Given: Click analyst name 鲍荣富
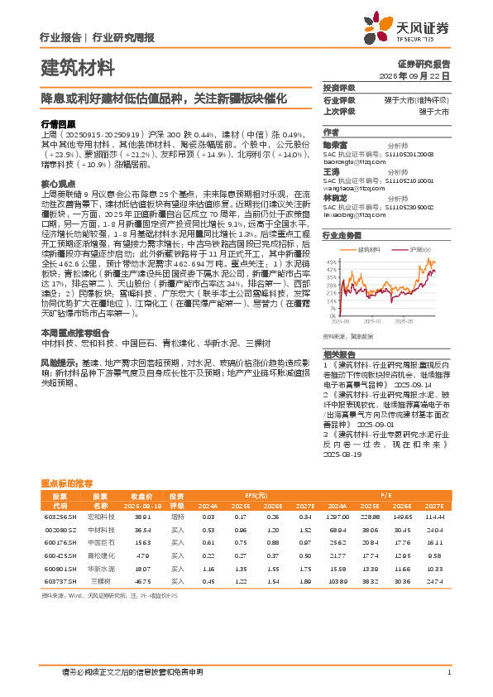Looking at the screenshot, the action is pos(336,143).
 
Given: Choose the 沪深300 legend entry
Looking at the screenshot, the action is pos(419,248).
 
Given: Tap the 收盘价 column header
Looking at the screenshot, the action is pos(141,494).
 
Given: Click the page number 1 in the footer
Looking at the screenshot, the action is pos(448,672).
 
